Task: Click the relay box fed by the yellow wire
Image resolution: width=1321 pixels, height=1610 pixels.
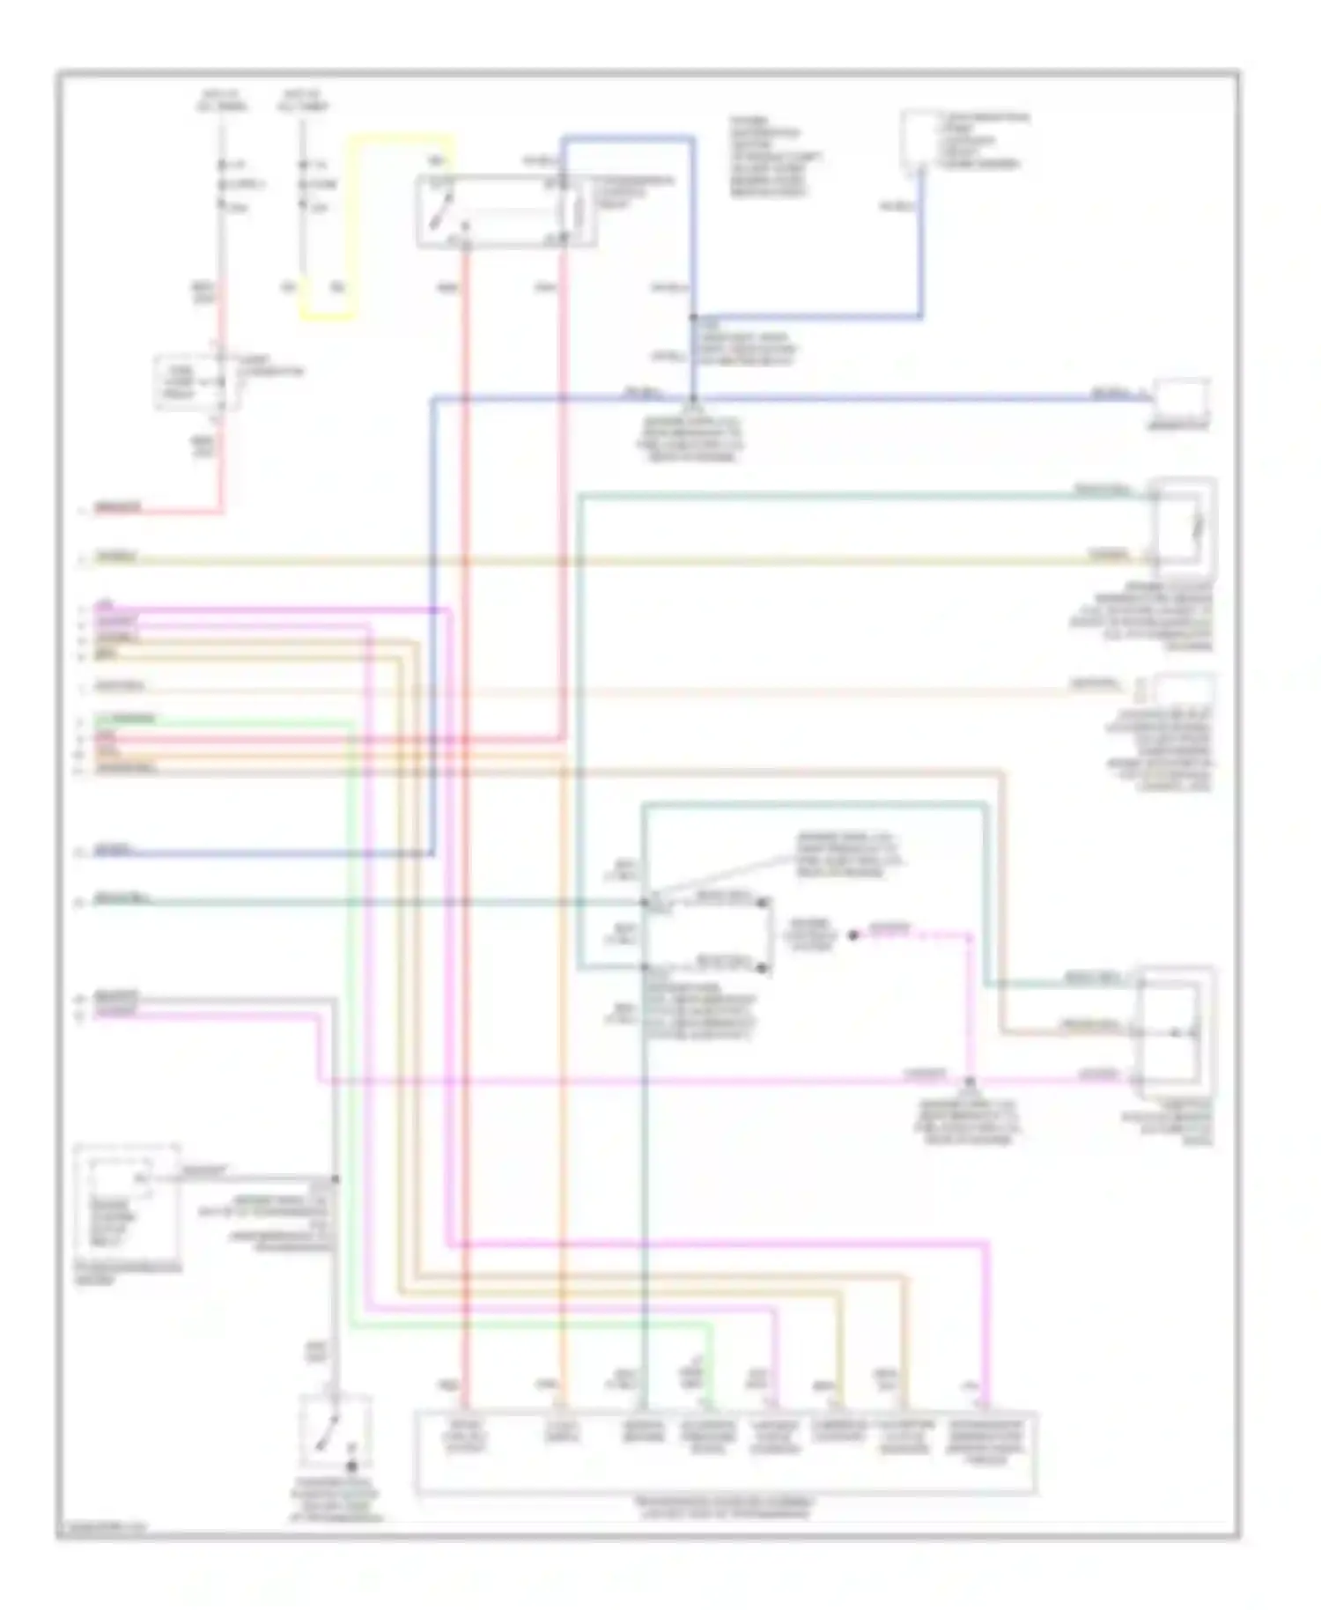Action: point(504,211)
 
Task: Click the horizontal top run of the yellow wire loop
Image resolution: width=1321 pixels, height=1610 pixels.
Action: point(401,138)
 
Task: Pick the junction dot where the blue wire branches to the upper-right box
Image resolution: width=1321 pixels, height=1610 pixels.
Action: point(694,317)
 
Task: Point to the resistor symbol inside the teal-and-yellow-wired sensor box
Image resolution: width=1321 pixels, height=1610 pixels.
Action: point(1196,527)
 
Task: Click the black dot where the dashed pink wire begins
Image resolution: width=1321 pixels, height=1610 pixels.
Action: point(852,935)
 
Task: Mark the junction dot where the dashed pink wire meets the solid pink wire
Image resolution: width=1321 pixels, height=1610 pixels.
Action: point(970,1081)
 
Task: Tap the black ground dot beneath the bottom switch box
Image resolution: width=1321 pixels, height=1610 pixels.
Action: point(351,1466)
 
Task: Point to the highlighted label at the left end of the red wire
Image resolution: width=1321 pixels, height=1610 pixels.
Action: point(117,508)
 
